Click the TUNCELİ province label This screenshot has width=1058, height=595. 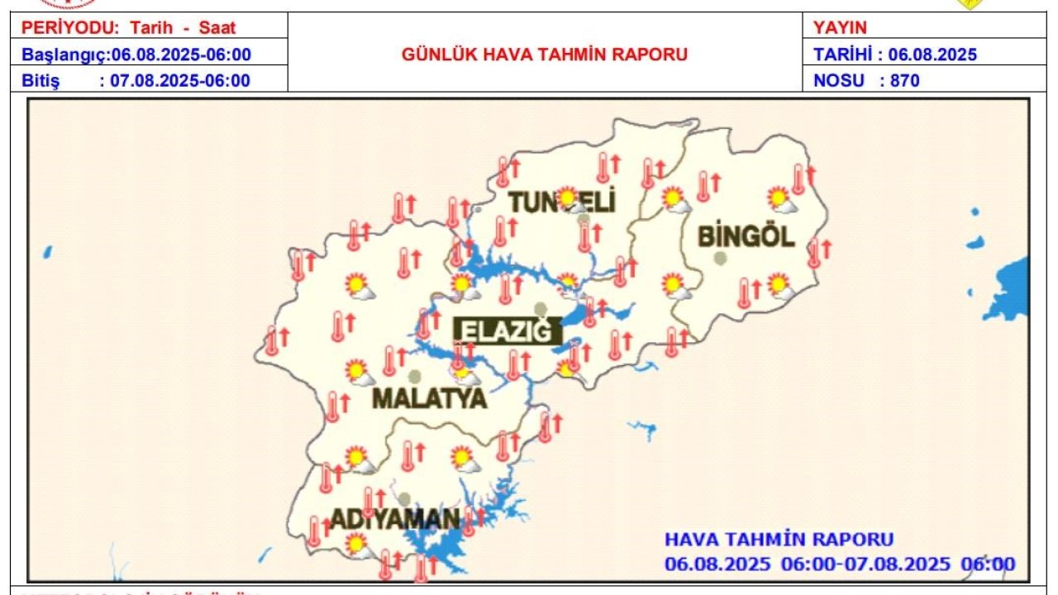tap(562, 202)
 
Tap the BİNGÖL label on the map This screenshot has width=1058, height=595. tap(746, 236)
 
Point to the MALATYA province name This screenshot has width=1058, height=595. tap(429, 398)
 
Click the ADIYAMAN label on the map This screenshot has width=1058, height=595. tap(395, 519)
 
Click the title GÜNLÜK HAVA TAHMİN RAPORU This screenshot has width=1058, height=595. tap(545, 55)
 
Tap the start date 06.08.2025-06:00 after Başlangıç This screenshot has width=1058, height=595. tap(181, 55)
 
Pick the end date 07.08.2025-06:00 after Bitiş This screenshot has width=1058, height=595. tap(180, 81)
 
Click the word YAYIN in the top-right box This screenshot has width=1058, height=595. tap(840, 28)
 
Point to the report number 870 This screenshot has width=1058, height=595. tap(905, 81)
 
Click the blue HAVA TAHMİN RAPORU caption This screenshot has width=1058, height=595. tap(779, 539)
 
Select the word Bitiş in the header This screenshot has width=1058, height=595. tap(41, 81)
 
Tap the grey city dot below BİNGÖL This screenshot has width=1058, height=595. tap(721, 259)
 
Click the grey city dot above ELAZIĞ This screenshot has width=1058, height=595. tap(541, 309)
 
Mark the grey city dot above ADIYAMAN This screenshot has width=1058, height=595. tap(404, 499)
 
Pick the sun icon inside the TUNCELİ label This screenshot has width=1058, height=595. tap(567, 198)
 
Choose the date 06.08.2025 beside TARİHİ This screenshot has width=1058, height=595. tap(932, 55)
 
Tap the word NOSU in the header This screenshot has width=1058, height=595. tap(839, 81)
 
